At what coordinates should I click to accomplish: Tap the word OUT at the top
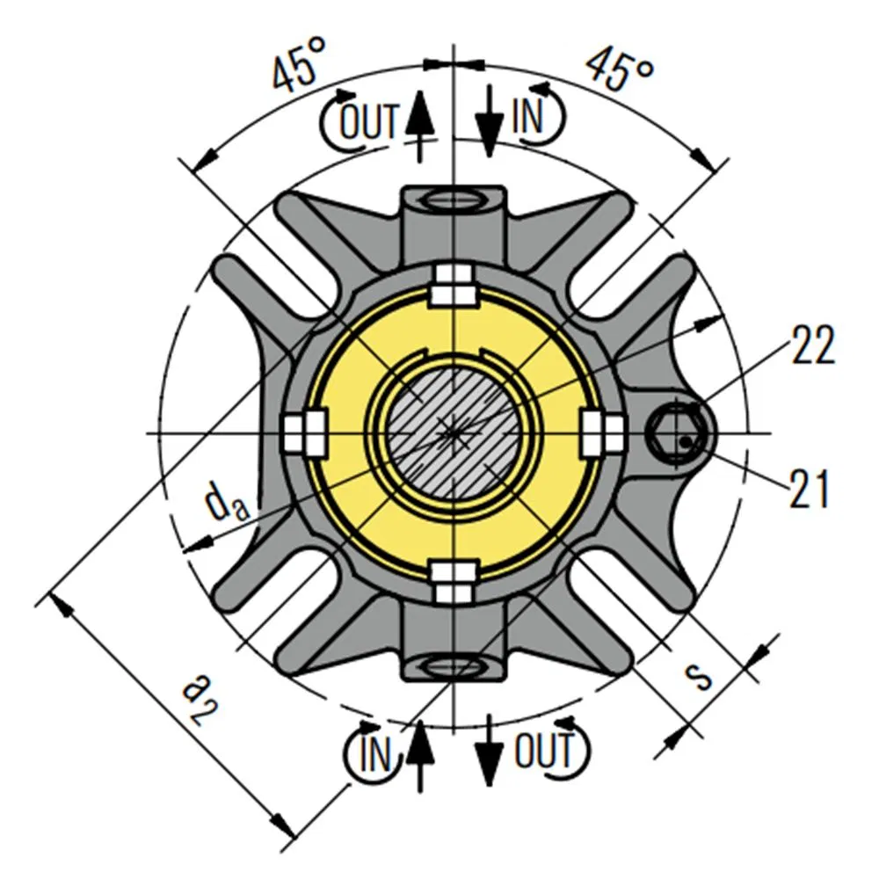pos(370,120)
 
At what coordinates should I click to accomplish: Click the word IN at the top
pos(528,116)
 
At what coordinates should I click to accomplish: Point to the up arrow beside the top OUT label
pos(421,123)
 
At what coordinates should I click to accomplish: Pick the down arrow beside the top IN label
pos(489,123)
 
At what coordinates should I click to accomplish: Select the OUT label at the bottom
pos(544,752)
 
